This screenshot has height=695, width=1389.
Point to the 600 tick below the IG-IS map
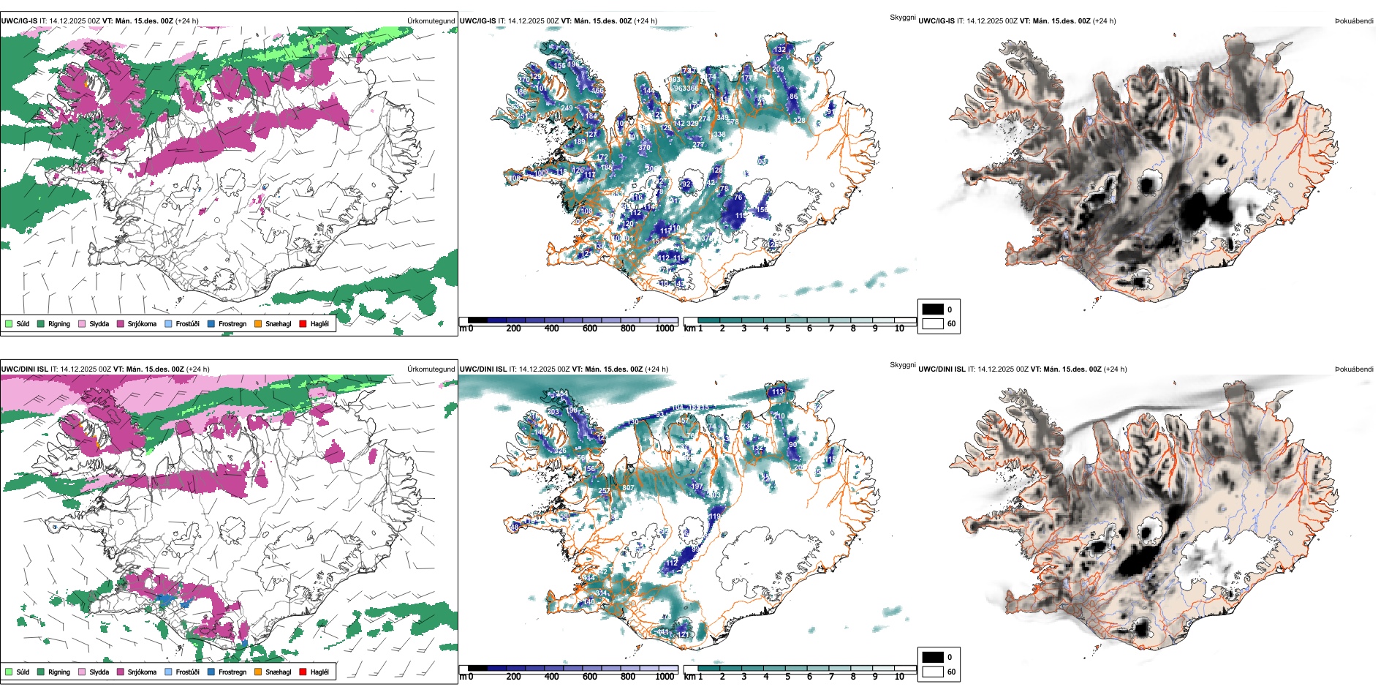(589, 328)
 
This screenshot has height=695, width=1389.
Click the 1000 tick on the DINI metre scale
(665, 677)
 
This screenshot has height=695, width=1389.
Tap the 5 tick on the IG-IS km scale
(787, 328)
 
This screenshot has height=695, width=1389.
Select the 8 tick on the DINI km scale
(852, 677)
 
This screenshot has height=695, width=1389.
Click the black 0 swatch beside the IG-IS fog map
(933, 309)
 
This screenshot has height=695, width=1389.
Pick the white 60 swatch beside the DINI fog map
(933, 672)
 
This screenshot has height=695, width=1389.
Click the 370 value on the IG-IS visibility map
(644, 147)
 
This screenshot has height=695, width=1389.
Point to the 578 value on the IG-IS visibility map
(733, 122)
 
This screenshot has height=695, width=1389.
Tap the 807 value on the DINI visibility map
(627, 488)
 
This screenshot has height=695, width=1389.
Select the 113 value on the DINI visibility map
(777, 392)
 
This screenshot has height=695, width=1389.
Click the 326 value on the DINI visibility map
(560, 451)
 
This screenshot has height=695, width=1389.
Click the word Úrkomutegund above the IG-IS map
(431, 21)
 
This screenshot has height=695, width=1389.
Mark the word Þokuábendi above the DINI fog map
(1354, 369)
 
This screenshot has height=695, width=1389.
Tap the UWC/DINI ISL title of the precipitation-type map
(24, 369)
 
